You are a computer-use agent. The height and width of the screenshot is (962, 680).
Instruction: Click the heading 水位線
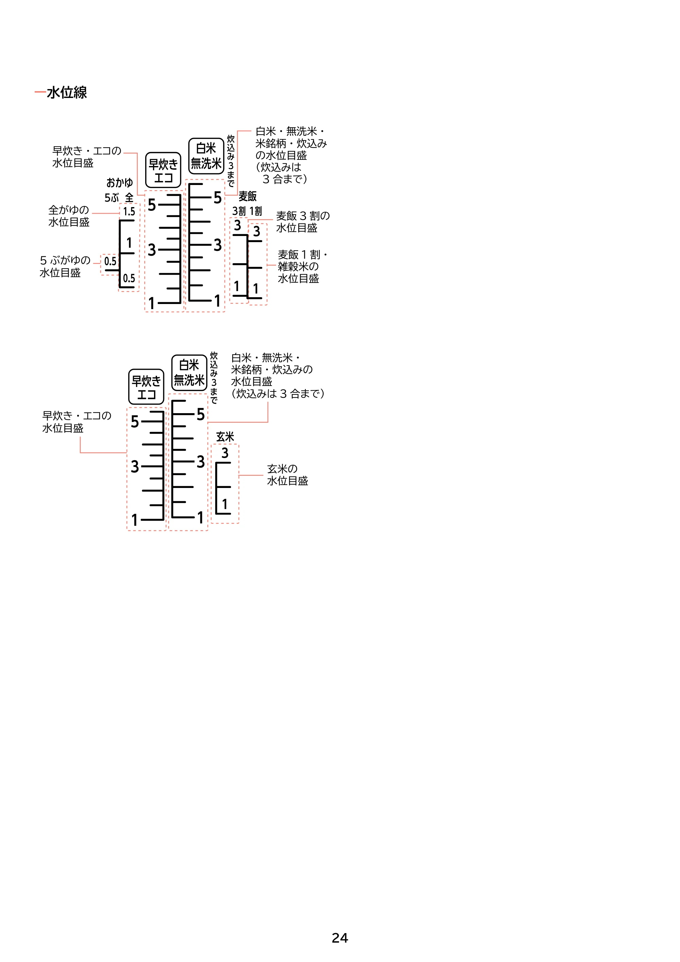pyautogui.click(x=67, y=92)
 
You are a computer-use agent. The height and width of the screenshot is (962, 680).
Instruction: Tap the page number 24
pyautogui.click(x=340, y=938)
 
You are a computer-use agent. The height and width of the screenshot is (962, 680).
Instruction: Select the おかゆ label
pyautogui.click(x=119, y=183)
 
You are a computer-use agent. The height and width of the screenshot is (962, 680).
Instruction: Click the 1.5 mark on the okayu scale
pyautogui.click(x=129, y=212)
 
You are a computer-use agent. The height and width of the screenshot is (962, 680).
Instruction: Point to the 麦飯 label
pyautogui.click(x=248, y=196)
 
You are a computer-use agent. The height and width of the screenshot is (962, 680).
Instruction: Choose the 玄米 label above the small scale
pyautogui.click(x=225, y=437)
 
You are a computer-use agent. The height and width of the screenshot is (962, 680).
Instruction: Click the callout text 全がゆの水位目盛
pyautogui.click(x=69, y=216)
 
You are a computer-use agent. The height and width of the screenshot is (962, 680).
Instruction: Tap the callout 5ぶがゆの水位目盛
pyautogui.click(x=65, y=267)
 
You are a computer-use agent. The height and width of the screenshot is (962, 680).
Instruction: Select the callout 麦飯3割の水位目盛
pyautogui.click(x=303, y=222)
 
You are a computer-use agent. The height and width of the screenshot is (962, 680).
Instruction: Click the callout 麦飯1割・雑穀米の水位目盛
pyautogui.click(x=303, y=267)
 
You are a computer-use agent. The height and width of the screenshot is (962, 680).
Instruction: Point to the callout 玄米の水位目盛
pyautogui.click(x=287, y=475)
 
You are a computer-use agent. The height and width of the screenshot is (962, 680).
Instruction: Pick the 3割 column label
pyautogui.click(x=239, y=211)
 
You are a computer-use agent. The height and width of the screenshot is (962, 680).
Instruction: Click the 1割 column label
pyautogui.click(x=256, y=211)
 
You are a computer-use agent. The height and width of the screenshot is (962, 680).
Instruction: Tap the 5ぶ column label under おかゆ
pyautogui.click(x=112, y=198)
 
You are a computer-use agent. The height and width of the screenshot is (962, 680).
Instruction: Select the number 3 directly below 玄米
pyautogui.click(x=225, y=453)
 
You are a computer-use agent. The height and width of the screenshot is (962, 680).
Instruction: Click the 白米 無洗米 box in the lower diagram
pyautogui.click(x=189, y=372)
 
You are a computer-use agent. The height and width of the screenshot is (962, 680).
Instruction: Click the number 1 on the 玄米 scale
pyautogui.click(x=225, y=504)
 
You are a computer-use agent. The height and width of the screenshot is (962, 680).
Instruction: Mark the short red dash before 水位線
pyautogui.click(x=40, y=92)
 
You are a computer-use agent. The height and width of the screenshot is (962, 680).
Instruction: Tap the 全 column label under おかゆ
pyautogui.click(x=130, y=198)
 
